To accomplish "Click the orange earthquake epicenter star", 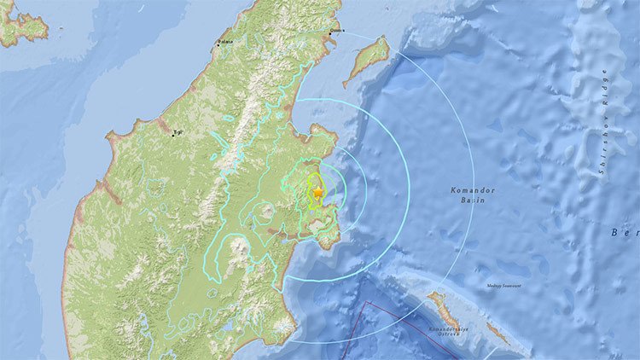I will [x=317, y=194].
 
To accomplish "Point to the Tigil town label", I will [x=178, y=132].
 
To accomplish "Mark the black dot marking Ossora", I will [x=331, y=34].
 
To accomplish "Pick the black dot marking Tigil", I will [x=174, y=134].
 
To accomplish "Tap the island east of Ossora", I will [x=368, y=61].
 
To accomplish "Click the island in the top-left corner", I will [x=21, y=26].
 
